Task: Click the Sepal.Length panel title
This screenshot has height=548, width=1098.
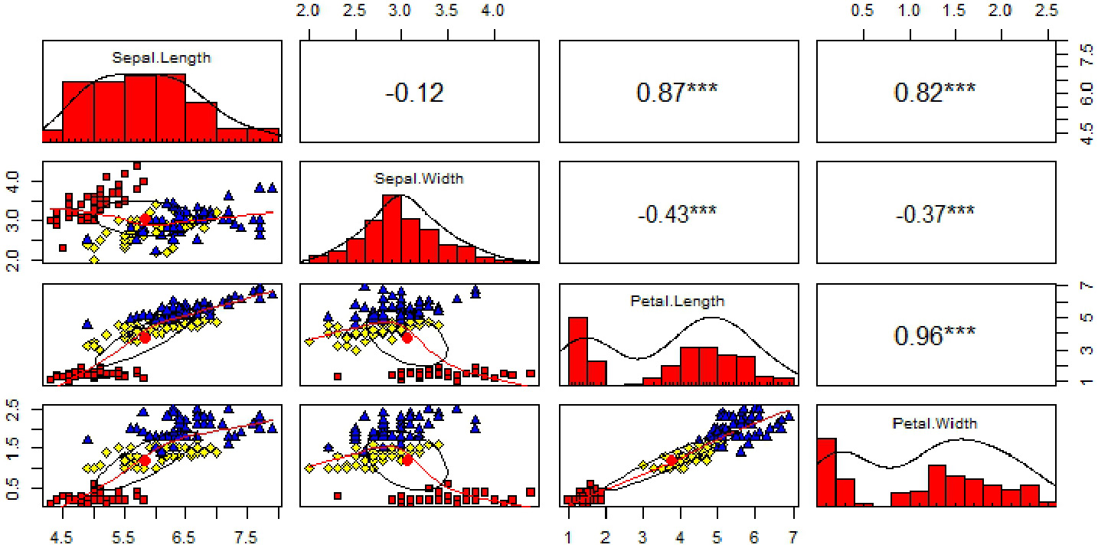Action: pyautogui.click(x=161, y=57)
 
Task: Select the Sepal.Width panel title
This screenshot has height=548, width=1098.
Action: pyautogui.click(x=418, y=179)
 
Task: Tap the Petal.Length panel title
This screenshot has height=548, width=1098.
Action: pyautogui.click(x=678, y=301)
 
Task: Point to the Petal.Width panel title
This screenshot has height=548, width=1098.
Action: pyautogui.click(x=934, y=422)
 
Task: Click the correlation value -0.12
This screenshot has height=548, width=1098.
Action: pyautogui.click(x=414, y=93)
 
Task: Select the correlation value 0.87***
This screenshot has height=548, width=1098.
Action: pyautogui.click(x=677, y=93)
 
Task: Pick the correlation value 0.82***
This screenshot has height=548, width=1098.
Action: pyautogui.click(x=935, y=93)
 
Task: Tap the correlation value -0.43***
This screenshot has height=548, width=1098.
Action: pyautogui.click(x=677, y=214)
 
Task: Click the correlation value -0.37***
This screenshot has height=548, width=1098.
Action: pyautogui.click(x=935, y=214)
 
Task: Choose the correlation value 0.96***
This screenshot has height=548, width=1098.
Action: pyautogui.click(x=935, y=336)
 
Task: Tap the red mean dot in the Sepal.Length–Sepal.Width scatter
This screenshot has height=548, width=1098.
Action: pyautogui.click(x=144, y=220)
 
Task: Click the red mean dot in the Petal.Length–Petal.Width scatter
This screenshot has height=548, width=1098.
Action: pyautogui.click(x=672, y=460)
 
